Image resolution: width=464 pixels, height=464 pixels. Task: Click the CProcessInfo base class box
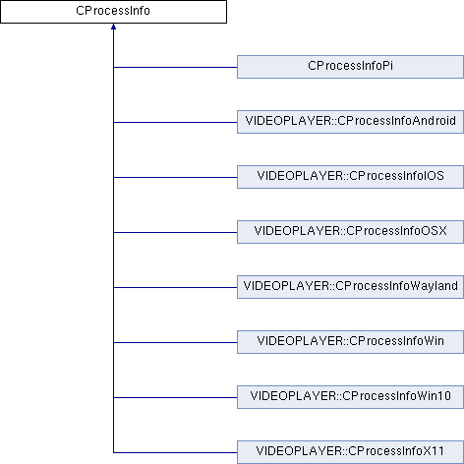[x=113, y=12]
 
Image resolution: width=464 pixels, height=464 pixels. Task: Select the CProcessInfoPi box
[x=350, y=67]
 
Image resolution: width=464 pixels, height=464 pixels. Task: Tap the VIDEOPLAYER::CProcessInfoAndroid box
[x=350, y=122]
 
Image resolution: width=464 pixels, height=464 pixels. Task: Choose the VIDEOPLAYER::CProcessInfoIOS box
[x=350, y=177]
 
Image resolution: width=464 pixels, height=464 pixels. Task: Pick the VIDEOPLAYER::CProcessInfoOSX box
[x=350, y=232]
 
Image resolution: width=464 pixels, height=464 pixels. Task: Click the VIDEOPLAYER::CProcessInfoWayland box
[x=350, y=287]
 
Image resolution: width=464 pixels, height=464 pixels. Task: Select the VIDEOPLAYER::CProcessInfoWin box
[x=350, y=342]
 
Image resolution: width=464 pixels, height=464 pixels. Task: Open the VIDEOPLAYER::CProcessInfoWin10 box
[x=350, y=397]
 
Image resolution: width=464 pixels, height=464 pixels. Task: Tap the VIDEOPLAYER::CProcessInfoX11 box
[x=350, y=452]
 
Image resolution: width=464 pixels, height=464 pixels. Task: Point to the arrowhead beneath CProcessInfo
[x=113, y=27]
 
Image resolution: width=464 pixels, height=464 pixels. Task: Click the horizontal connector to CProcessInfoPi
[x=175, y=67]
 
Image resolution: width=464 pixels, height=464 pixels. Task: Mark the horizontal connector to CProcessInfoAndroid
[x=175, y=122]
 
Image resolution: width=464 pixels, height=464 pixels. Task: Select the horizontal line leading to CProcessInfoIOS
[x=175, y=177]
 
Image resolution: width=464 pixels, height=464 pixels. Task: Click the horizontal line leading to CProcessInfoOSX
[x=175, y=232]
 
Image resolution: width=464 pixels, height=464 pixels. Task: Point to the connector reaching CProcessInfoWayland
[x=175, y=287]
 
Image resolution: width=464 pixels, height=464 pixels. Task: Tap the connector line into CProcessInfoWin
[x=175, y=342]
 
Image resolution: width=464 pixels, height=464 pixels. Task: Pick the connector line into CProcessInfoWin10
[x=175, y=397]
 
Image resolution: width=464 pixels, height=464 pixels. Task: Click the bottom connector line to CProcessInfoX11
[x=175, y=452]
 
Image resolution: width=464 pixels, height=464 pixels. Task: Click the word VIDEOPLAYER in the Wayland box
[x=286, y=286]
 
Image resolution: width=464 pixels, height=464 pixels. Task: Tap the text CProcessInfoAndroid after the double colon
[x=396, y=121]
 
